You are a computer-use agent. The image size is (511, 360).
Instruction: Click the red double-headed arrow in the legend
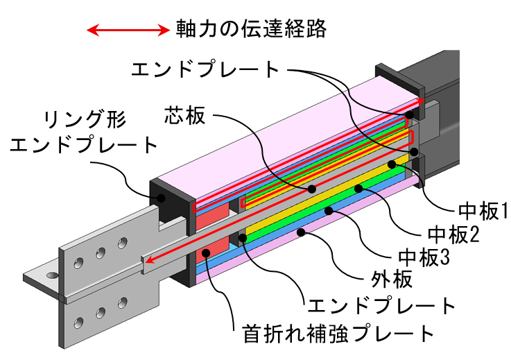click(128, 31)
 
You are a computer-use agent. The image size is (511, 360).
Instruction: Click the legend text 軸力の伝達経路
click(251, 28)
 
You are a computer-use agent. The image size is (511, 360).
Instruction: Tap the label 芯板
click(185, 115)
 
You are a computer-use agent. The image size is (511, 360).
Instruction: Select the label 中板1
click(483, 212)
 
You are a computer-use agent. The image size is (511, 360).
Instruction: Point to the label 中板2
click(453, 234)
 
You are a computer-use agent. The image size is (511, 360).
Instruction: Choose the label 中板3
click(424, 257)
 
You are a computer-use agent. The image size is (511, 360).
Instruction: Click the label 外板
click(392, 280)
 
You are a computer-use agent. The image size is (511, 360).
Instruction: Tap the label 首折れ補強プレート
click(338, 333)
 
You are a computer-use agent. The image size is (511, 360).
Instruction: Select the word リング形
click(85, 120)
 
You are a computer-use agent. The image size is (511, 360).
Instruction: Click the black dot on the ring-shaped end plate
click(161, 197)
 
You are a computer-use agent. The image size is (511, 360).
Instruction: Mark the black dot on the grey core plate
click(312, 189)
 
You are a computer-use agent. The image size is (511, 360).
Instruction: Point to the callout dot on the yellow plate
click(392, 164)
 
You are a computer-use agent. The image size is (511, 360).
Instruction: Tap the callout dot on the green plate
click(358, 188)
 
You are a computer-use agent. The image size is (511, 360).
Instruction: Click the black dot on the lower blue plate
click(329, 211)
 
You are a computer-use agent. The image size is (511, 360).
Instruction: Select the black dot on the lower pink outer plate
click(301, 232)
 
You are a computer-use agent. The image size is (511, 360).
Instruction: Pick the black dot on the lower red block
click(206, 252)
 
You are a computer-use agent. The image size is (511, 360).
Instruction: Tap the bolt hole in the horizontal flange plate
click(52, 275)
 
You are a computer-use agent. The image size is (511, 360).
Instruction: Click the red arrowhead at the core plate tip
click(149, 260)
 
